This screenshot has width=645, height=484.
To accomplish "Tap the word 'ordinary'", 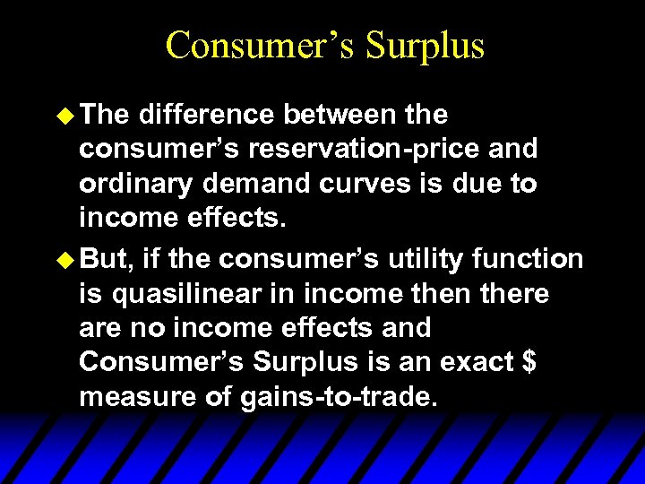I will [133, 183].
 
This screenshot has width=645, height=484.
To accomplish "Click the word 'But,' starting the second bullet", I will [105, 260].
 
